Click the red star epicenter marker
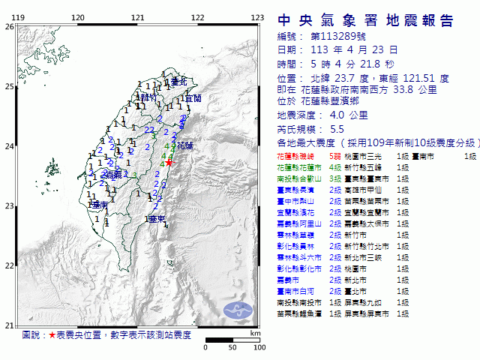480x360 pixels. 169,162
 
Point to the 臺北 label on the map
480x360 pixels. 178,81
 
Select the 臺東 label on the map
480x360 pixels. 157,219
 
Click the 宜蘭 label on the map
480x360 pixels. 193,98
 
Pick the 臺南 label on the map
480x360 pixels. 98,205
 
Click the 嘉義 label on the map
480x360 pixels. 114,174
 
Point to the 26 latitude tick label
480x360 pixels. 8,26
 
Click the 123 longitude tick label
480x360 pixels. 256,16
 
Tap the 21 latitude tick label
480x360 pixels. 8,325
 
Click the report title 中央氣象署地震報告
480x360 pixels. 366,20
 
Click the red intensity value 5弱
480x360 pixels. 339,156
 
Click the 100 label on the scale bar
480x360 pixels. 260,347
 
